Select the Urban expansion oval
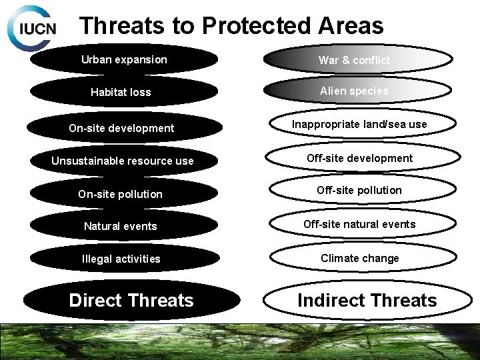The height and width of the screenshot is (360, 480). (x=124, y=59)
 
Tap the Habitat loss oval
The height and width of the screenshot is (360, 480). (x=121, y=92)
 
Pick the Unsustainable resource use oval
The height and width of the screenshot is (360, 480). (x=123, y=161)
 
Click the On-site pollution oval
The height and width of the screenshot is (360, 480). (x=120, y=194)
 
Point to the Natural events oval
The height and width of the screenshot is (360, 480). (x=121, y=226)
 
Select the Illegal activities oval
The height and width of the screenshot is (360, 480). (x=121, y=259)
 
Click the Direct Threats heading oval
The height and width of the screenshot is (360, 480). (x=131, y=300)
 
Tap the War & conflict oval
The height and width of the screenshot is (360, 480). (x=355, y=60)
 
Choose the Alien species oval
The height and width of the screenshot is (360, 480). (x=354, y=91)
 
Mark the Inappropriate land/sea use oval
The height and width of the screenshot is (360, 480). (x=359, y=125)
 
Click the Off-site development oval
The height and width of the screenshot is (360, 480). (x=359, y=158)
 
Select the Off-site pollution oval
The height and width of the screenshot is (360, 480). (x=359, y=191)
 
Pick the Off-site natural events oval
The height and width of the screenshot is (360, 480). (x=359, y=224)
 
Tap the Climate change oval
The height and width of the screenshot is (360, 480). (x=359, y=258)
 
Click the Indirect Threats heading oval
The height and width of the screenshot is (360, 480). (x=367, y=300)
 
